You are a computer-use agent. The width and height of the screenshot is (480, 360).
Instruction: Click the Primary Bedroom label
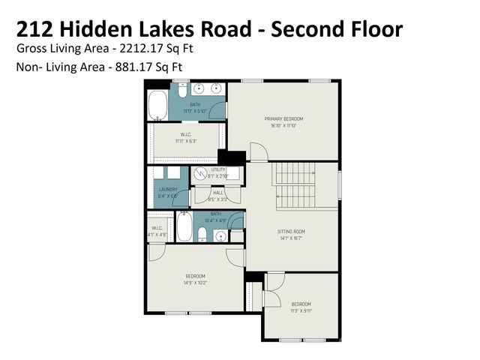click(x=283, y=119)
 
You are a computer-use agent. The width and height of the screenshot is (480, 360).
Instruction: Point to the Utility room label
click(x=218, y=170)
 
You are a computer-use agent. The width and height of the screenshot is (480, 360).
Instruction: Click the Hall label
click(x=218, y=193)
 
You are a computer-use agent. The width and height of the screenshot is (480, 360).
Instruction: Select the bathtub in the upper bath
click(x=158, y=106)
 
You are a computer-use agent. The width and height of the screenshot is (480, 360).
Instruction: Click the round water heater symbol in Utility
click(x=200, y=173)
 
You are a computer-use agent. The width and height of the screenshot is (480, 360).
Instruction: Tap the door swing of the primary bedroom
click(x=258, y=151)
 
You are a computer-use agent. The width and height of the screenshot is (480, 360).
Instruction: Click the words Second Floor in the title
click(x=337, y=29)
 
